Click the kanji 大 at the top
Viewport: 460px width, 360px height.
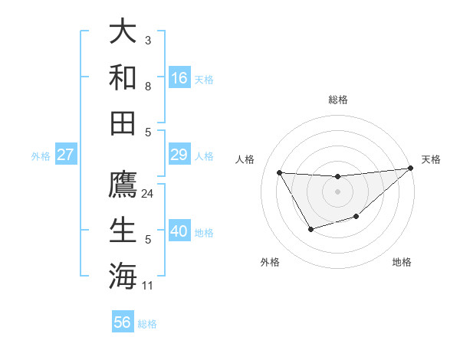123,31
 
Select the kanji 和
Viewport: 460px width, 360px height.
123,77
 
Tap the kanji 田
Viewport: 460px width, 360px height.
123,123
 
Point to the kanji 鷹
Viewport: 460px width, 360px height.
123,185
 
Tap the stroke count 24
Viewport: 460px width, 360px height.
148,194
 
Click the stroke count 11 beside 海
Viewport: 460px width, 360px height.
148,286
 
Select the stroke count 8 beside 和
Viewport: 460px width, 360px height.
148,87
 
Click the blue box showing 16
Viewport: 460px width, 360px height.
179,77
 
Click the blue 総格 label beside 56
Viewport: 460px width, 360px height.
147,324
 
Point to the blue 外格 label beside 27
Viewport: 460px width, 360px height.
41,156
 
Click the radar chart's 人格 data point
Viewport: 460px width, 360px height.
280,172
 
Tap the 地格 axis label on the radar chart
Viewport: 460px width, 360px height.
402,262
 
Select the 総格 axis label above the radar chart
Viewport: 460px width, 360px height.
337,100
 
